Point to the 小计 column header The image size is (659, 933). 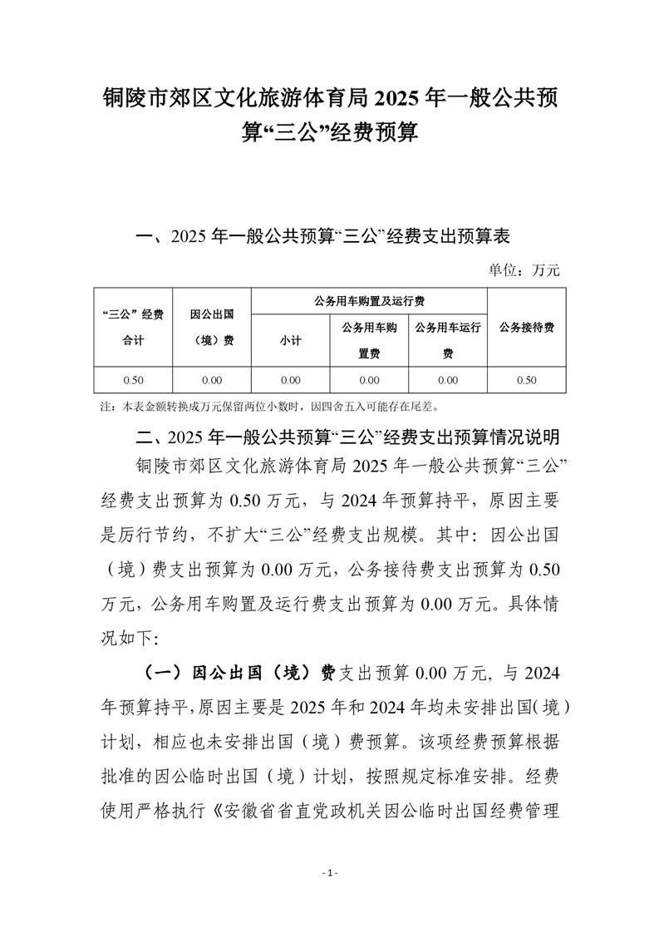(290, 340)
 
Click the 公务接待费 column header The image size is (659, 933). (526, 327)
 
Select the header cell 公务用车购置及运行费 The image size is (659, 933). (368, 300)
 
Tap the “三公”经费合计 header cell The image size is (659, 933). (133, 327)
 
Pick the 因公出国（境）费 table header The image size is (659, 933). (211, 327)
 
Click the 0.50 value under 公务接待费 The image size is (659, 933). (526, 380)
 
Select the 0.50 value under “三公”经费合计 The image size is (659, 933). (133, 380)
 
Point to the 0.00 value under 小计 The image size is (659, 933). (290, 380)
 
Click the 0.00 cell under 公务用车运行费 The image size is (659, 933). (447, 380)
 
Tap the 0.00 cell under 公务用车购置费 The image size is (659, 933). (369, 380)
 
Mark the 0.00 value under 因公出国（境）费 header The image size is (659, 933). (211, 380)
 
